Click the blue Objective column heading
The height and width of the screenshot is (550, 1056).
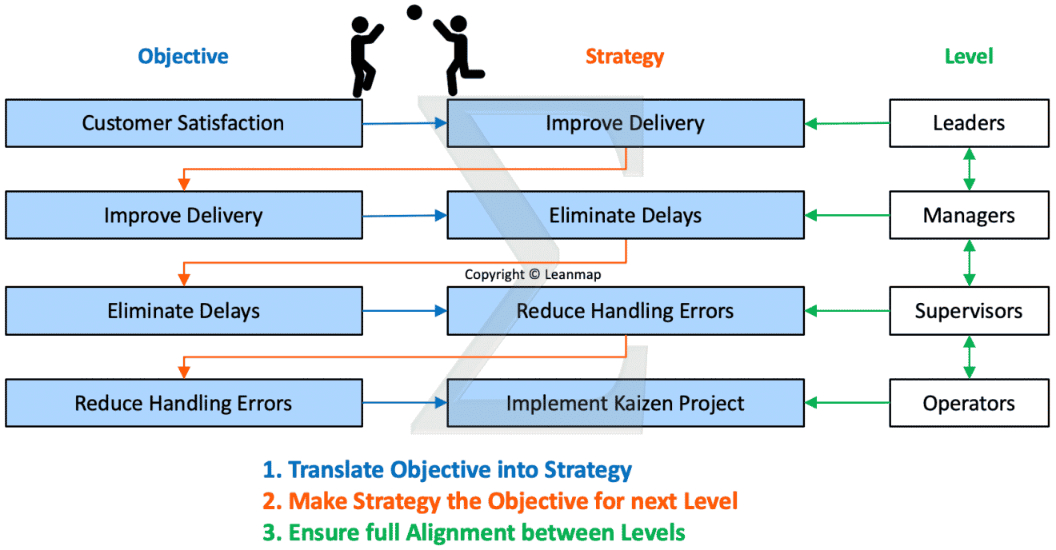pos(183,56)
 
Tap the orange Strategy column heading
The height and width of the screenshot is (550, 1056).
pos(624,56)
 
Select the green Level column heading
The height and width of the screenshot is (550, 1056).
pos(968,56)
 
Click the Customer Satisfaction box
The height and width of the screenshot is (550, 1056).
pos(183,123)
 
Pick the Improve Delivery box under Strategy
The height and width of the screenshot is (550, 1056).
pos(625,123)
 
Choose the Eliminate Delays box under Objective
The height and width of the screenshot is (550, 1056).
pos(183,311)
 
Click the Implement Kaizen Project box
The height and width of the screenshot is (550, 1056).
pos(625,404)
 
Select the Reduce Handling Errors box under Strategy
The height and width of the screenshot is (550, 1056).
pos(625,311)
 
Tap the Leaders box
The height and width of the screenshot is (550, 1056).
pos(969,123)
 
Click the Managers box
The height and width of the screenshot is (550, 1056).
pos(969,216)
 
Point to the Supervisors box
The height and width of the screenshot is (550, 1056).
pos(969,311)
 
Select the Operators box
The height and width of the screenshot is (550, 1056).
pos(969,404)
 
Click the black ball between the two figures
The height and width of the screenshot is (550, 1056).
pos(414,12)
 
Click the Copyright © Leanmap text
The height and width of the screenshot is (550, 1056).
pos(533,274)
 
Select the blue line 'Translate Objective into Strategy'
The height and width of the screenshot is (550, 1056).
pos(447,470)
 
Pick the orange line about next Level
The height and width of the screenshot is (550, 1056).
pos(500,501)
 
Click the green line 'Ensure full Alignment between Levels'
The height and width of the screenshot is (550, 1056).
pos(474,532)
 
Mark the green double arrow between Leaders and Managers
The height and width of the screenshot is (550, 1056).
pos(969,169)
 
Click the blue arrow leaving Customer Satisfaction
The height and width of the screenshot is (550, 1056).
pos(404,123)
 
